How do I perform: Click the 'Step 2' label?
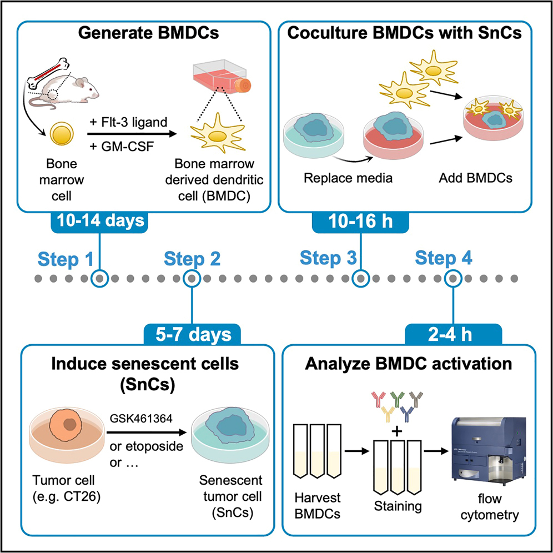click(192, 258)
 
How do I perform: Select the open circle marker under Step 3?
click(361, 278)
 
